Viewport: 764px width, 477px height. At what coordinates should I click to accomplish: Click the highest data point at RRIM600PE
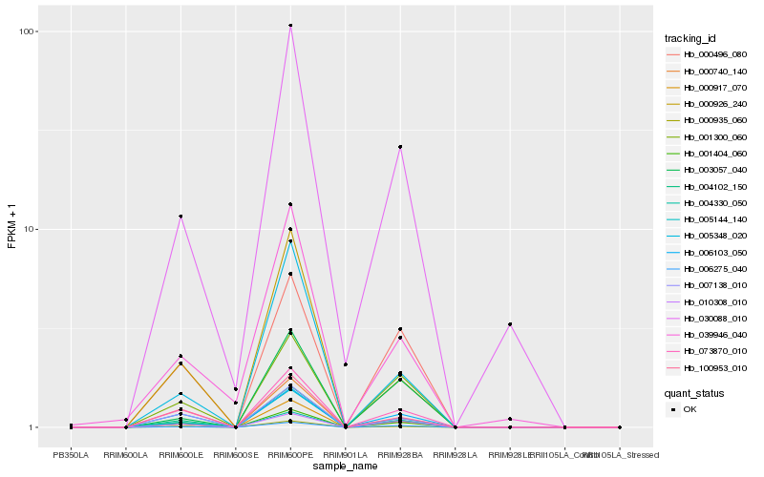(x=290, y=26)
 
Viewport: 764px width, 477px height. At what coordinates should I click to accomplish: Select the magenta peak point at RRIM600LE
(x=180, y=217)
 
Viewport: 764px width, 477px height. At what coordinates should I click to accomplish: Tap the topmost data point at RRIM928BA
(x=400, y=147)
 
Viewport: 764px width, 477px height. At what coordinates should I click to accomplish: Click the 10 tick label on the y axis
(x=29, y=230)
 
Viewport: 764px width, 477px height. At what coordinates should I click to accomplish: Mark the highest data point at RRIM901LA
(x=345, y=364)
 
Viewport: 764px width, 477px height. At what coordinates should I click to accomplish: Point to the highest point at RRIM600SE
(x=235, y=389)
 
